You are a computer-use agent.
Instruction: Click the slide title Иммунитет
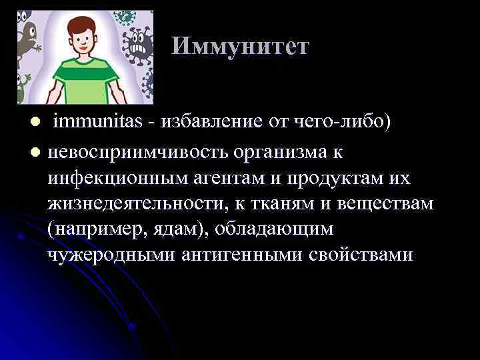coord(240,46)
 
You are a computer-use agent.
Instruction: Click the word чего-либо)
coord(339,123)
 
